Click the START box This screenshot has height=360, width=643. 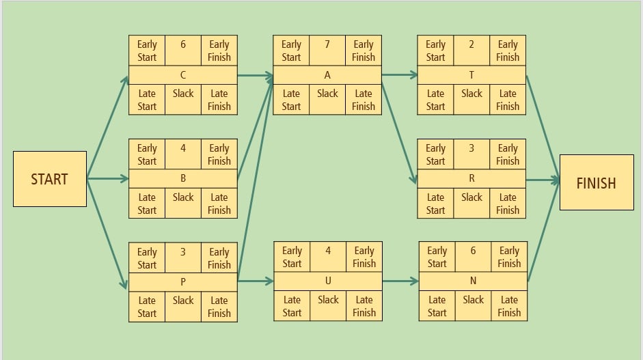coord(49,179)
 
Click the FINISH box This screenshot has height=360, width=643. coord(596,182)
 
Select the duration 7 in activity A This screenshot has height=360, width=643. coord(327,44)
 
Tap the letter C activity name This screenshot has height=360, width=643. coord(183,75)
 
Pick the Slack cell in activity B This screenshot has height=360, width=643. coord(183,204)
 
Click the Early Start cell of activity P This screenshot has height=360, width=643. coord(147,258)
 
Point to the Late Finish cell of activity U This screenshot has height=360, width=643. coord(364,305)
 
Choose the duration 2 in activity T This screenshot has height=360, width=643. coord(471,44)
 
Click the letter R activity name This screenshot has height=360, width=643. coord(471,178)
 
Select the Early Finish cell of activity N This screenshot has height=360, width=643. coord(509,257)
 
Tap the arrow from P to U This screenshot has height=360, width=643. coord(256,281)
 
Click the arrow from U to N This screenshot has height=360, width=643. coord(400,281)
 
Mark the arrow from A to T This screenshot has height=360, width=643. coord(400,75)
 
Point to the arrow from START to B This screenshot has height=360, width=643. coord(108,179)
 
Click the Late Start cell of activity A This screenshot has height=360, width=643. coord(291,100)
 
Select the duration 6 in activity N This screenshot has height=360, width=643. coord(473,251)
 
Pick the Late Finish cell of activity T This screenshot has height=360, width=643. coord(508,100)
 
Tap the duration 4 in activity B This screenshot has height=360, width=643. coord(183,148)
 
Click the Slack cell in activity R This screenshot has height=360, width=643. coord(471,204)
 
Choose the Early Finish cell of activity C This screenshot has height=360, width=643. coord(219,51)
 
